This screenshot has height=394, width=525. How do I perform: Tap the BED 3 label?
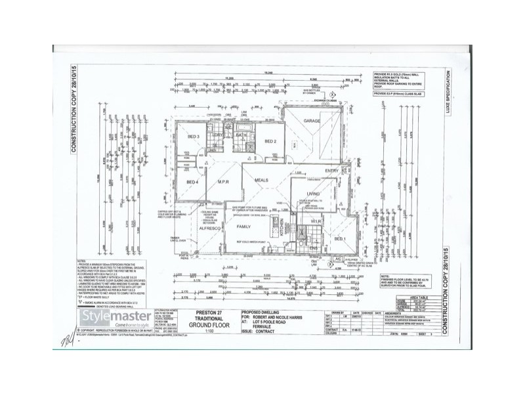point(194,137)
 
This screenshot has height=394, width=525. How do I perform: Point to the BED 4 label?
point(193,182)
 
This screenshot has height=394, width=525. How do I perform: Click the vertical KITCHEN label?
point(283,227)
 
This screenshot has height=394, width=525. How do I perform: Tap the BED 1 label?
point(341,240)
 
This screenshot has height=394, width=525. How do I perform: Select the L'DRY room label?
point(219,135)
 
